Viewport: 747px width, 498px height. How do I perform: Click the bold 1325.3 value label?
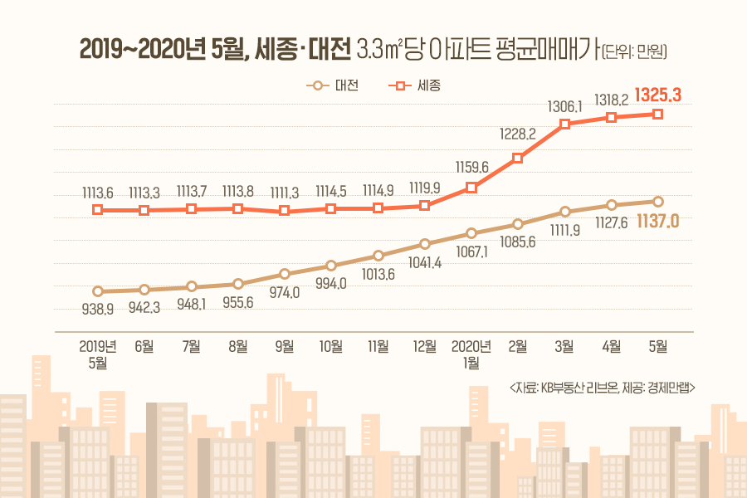(657, 95)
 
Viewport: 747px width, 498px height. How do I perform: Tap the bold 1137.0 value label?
(658, 221)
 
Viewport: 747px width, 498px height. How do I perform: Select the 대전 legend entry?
(332, 85)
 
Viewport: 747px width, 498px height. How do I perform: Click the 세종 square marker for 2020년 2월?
(518, 158)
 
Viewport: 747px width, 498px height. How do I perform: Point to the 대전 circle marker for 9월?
(285, 274)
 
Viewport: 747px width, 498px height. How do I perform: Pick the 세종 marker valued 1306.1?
(564, 124)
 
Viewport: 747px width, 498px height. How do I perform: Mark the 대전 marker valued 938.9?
(98, 291)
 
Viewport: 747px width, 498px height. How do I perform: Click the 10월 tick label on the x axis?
(331, 347)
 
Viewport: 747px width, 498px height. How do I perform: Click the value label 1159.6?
(471, 165)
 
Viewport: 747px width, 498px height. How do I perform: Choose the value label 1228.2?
(518, 134)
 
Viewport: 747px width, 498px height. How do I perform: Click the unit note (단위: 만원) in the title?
(635, 51)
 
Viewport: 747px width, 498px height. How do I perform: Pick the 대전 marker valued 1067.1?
(471, 233)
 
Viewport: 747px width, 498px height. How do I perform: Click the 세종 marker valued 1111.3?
(285, 211)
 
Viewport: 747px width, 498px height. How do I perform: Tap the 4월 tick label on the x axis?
(612, 347)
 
